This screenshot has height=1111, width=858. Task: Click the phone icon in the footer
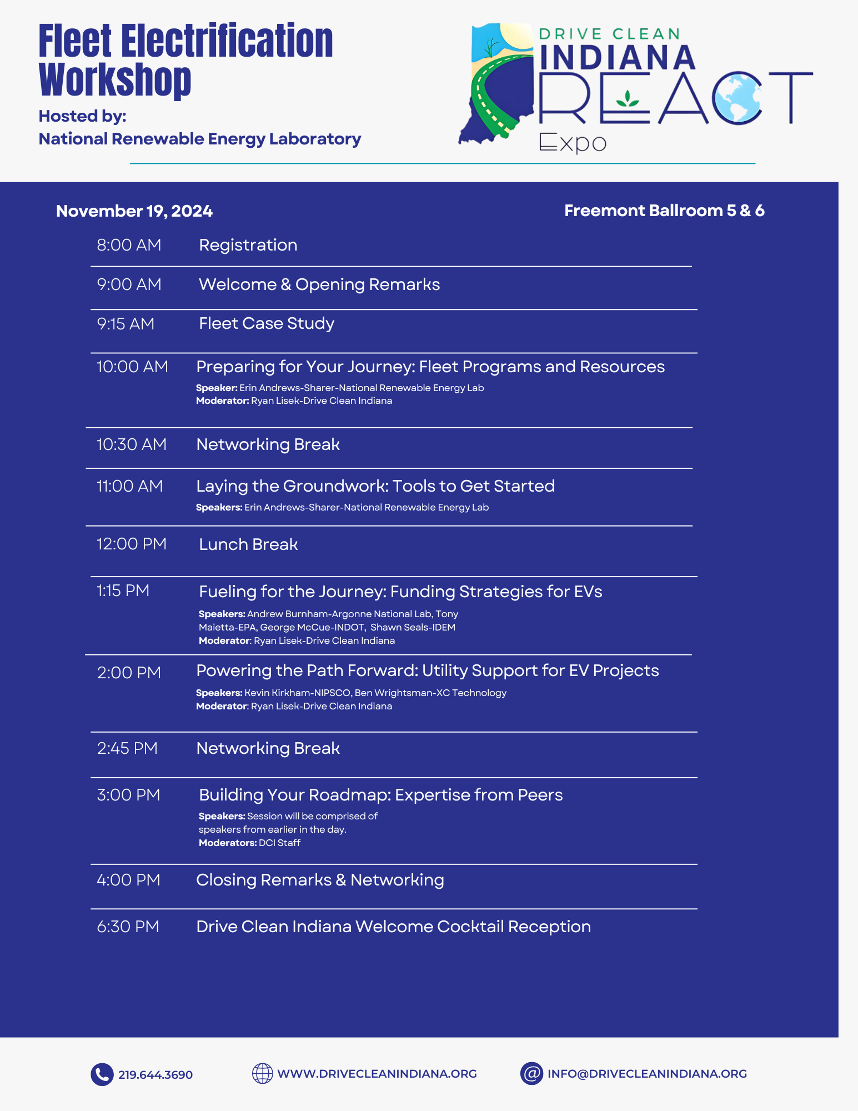point(102,1074)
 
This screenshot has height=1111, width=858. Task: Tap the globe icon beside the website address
point(262,1073)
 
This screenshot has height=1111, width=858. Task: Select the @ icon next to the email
point(531,1073)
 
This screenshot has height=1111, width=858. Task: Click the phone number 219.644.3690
point(155,1075)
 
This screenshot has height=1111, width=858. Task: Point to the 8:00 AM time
point(129,245)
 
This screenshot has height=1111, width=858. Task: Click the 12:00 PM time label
point(132,544)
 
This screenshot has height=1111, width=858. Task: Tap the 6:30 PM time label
point(128,927)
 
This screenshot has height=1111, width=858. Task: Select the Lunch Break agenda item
point(248,544)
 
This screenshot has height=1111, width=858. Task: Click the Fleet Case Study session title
point(267,323)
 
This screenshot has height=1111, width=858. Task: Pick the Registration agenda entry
point(248,245)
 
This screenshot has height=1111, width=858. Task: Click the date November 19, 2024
point(134,211)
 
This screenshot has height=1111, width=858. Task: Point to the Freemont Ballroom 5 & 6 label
point(664,211)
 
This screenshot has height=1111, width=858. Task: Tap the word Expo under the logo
point(573,143)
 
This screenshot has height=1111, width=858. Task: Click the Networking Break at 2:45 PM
point(268,748)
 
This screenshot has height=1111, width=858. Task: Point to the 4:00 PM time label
point(128,880)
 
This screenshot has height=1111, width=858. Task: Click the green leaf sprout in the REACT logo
point(628,98)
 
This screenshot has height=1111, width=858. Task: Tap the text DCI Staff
point(279,843)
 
